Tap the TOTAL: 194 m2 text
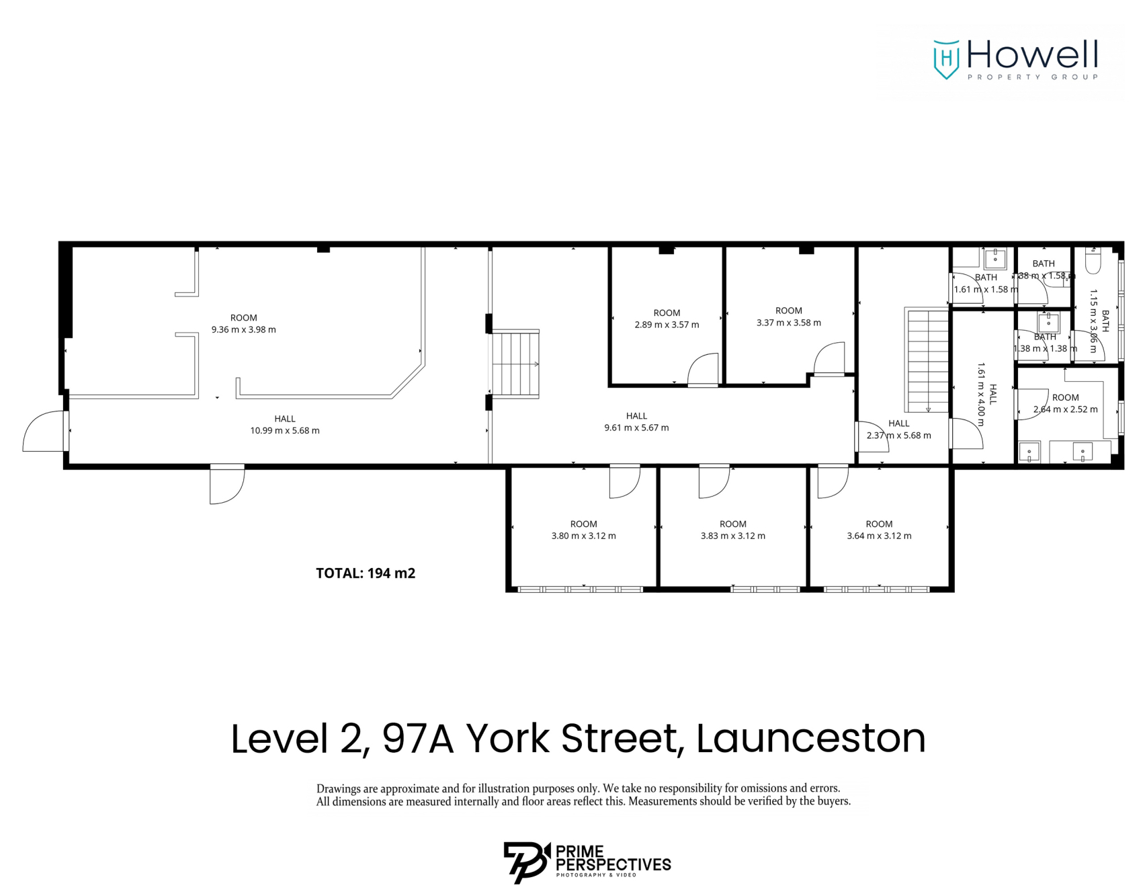tap(366, 573)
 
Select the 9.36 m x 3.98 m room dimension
tap(243, 330)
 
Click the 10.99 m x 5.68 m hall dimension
tap(285, 431)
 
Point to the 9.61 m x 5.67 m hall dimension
tap(636, 427)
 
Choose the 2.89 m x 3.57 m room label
tap(667, 319)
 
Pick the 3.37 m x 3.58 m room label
tap(788, 317)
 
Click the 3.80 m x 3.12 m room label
tap(583, 530)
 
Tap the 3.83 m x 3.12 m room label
tap(732, 530)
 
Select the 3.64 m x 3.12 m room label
tap(879, 530)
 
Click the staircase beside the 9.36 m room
tap(516, 364)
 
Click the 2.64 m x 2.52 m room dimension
tap(1065, 409)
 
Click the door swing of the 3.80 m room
tap(624, 482)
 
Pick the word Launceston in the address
tap(810, 739)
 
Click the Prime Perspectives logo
tap(587, 862)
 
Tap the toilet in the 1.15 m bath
tap(1093, 261)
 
